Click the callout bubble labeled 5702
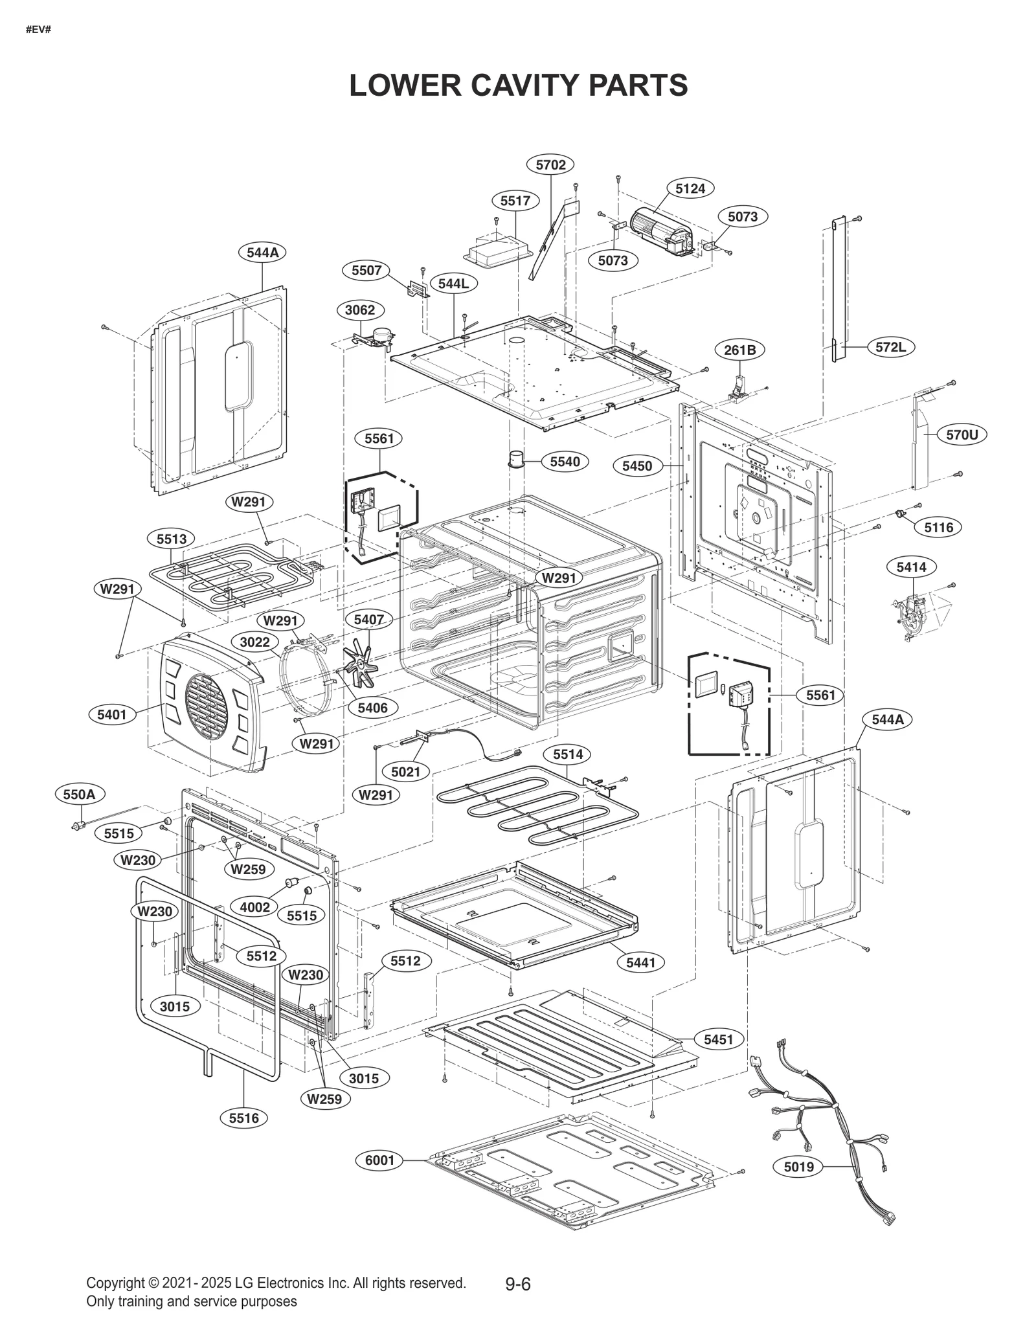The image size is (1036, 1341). [x=550, y=164]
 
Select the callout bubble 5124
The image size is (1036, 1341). [x=690, y=188]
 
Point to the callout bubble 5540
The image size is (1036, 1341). [x=565, y=462]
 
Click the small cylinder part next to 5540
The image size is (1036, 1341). [x=516, y=458]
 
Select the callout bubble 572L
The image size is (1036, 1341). [x=890, y=347]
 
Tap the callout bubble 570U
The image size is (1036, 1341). [x=962, y=434]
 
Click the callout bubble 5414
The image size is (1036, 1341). [x=911, y=567]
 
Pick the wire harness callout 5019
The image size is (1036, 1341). [x=798, y=1167]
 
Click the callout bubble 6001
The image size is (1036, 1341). [x=379, y=1160]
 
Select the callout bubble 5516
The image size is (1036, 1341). [x=243, y=1118]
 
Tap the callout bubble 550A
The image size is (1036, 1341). [x=80, y=794]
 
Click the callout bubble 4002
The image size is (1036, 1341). [x=254, y=907]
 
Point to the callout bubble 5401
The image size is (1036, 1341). [x=112, y=715]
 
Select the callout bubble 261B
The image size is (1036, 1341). [x=739, y=350]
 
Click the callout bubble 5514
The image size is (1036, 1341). [x=568, y=754]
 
